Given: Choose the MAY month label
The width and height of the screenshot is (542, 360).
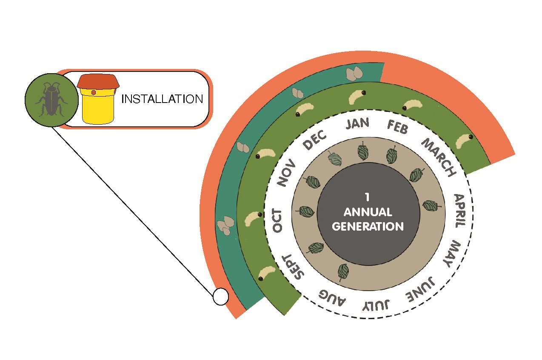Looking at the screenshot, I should coord(451,254).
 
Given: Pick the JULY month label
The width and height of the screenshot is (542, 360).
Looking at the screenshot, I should coord(376,305).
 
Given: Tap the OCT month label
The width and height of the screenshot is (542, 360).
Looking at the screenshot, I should coord(277,220).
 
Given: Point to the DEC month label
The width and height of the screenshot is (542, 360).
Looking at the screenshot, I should coord(315,140).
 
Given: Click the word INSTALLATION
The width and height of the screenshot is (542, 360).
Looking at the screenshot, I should coord(162,99).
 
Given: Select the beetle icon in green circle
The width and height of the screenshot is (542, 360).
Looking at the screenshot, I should coord(51,100).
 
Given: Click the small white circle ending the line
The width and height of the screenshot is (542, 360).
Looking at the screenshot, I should coord(220,297).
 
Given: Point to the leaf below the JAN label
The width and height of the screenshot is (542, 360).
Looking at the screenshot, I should coord(362,151).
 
